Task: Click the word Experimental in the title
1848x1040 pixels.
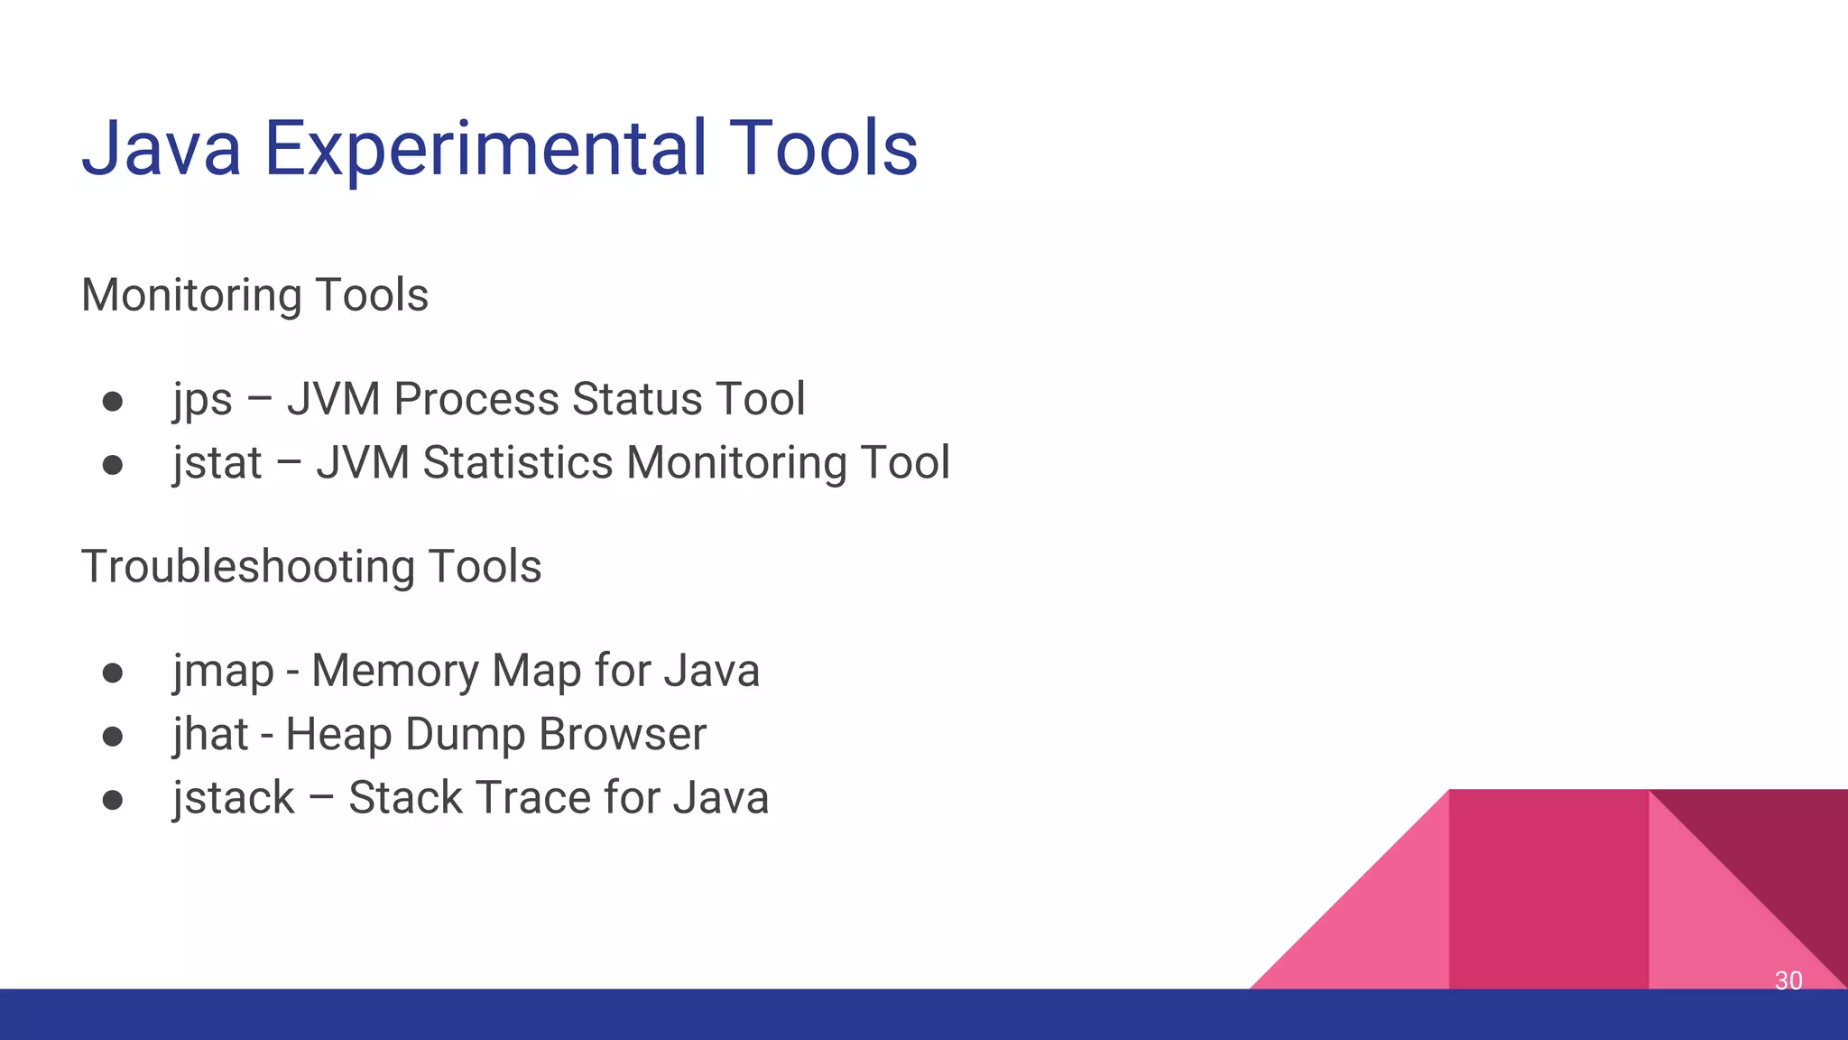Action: [485, 149]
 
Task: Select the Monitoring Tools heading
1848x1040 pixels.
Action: [254, 295]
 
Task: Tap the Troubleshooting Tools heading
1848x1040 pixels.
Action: [311, 567]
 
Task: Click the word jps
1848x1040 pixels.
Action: [203, 400]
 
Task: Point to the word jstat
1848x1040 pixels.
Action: [217, 463]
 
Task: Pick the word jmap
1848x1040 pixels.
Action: [223, 672]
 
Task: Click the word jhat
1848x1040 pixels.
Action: [210, 734]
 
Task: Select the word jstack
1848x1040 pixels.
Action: [234, 798]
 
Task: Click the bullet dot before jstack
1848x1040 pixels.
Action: [113, 800]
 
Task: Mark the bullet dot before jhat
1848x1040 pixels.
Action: [113, 737]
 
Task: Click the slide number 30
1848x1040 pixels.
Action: [1788, 980]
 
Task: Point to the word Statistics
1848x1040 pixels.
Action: [518, 463]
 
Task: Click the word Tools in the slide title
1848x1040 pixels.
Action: [823, 149]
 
